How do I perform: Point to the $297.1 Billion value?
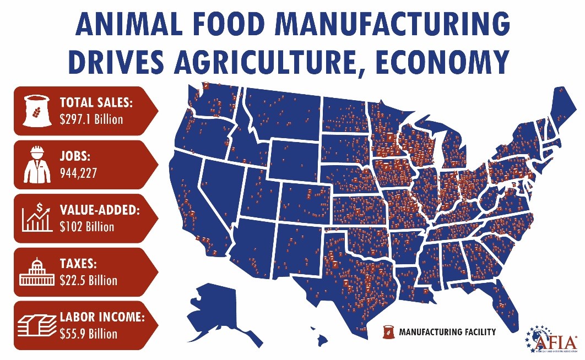click(x=91, y=119)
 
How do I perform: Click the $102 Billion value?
click(x=87, y=226)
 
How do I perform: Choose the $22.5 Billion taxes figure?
click(x=88, y=280)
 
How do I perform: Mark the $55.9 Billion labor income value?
click(x=89, y=334)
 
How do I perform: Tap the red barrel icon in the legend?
click(x=389, y=332)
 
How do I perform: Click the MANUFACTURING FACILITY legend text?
click(x=447, y=332)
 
